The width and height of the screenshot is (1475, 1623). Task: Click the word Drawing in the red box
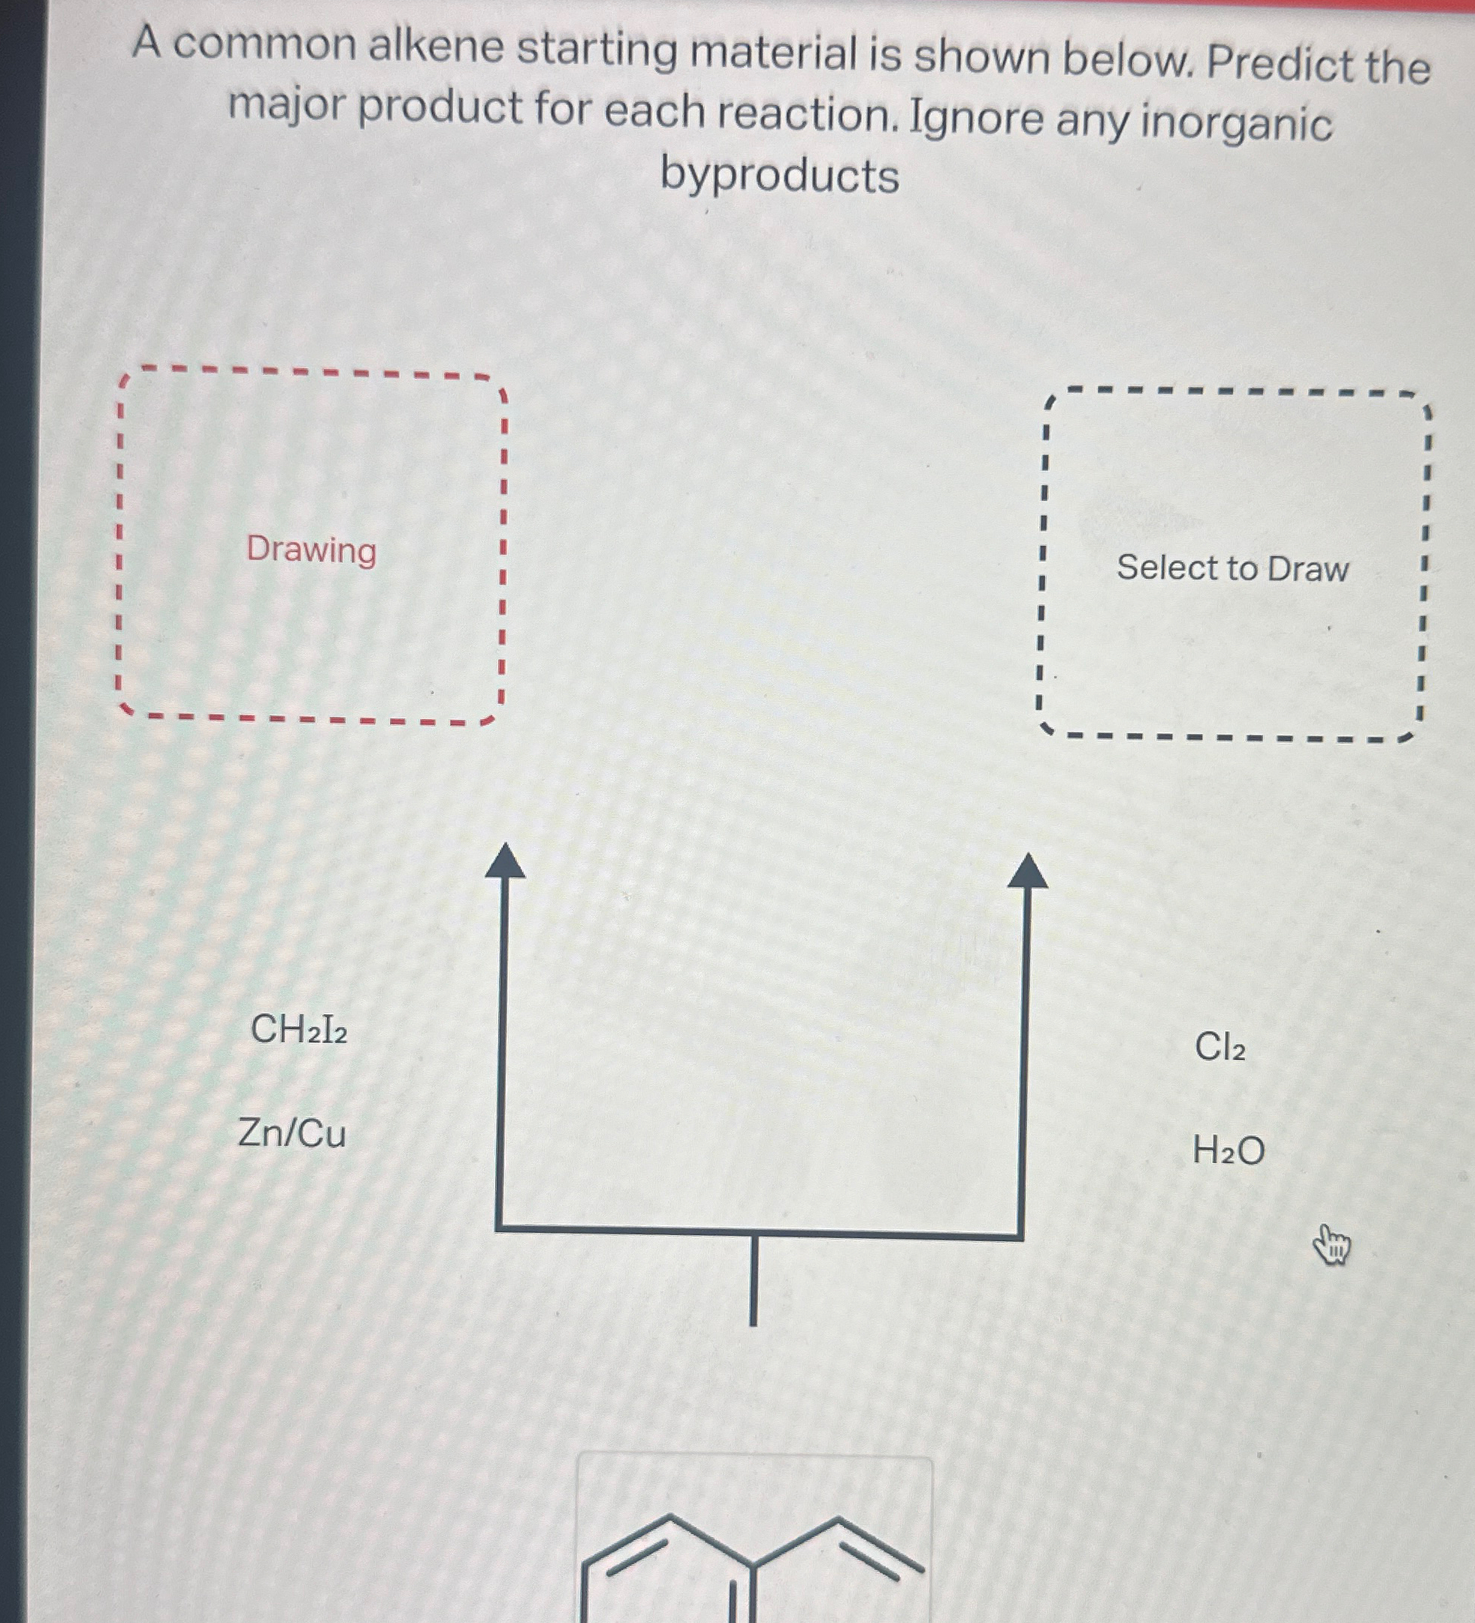311,550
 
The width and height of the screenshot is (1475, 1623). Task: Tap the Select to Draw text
1232,568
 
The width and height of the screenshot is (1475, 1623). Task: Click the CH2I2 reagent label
299,1029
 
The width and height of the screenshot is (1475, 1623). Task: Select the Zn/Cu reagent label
292,1134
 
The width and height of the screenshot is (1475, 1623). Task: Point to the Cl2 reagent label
1220,1047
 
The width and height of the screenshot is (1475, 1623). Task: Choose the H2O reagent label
1228,1150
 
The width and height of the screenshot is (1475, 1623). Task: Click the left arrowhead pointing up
505,863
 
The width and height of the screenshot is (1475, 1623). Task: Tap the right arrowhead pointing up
1027,872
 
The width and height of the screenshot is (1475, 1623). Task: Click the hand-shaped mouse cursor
1331,1246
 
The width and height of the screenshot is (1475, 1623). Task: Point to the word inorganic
1236,123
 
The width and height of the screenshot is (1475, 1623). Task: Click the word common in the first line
264,44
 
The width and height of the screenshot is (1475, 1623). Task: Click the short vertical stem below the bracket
753,1281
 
